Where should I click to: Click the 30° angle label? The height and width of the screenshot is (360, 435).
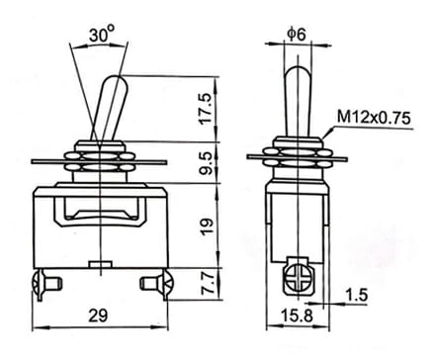tap(102, 35)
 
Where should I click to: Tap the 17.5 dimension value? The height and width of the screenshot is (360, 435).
tap(207, 109)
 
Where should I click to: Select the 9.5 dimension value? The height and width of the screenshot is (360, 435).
tap(207, 163)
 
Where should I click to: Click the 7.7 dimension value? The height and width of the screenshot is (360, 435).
tap(208, 284)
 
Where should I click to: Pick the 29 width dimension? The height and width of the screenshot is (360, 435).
tap(98, 315)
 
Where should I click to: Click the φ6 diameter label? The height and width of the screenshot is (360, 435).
tap(297, 34)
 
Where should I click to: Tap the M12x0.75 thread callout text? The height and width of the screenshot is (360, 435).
tap(374, 118)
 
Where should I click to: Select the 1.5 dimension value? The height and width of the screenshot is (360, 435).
tap(356, 295)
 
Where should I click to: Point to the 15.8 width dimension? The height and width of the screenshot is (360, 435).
tap(297, 315)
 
